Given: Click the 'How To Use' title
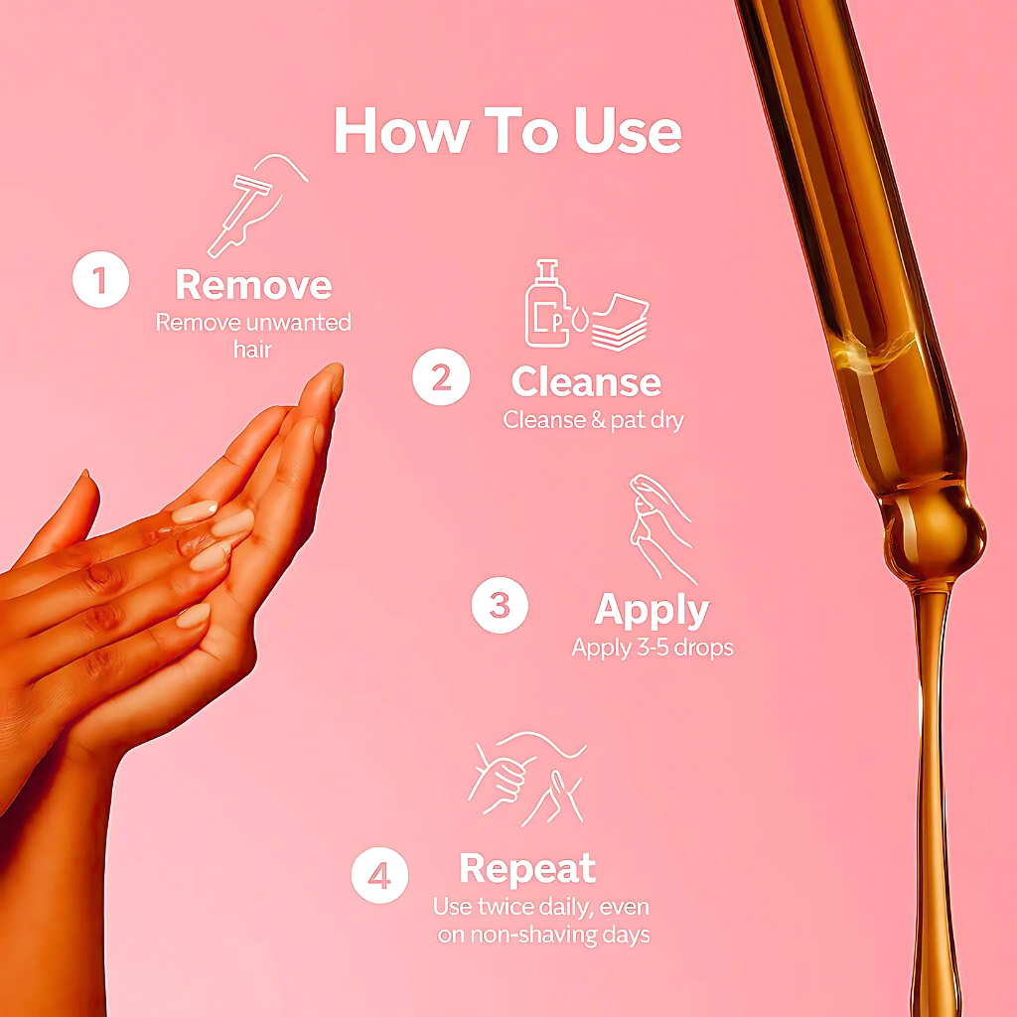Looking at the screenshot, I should pos(508,130).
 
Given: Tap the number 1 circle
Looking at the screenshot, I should pos(100,279).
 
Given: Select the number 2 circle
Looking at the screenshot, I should pos(441,377).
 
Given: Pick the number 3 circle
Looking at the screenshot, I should pos(500,606).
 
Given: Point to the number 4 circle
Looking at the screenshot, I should pos(379,875).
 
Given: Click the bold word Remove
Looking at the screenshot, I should pos(253,285).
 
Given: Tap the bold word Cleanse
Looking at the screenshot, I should pos(586,382).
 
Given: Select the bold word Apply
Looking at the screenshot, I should pos(652,609).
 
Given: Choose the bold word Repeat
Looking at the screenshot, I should pos(527,869).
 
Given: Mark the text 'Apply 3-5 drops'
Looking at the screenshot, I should pos(653,649).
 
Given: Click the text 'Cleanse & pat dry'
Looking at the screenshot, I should pos(593,420).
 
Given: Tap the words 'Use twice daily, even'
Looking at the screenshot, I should pos(542,907).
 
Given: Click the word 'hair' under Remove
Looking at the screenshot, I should pos(253,350).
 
